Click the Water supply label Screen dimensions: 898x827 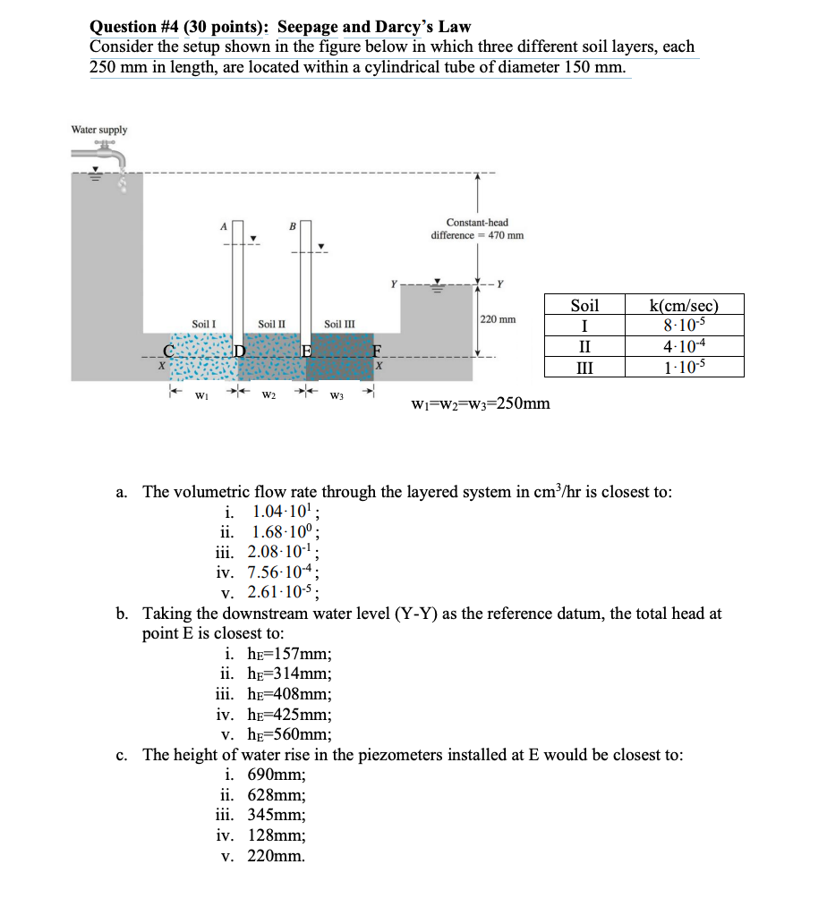click(98, 130)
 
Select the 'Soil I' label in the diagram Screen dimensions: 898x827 click(203, 324)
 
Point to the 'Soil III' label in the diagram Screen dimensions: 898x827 click(339, 324)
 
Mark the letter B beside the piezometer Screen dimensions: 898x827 click(292, 226)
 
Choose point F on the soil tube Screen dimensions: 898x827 click(378, 350)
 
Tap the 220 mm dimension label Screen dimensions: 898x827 click(498, 318)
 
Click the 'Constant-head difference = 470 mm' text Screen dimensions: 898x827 click(477, 229)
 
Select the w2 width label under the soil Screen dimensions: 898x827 click(269, 394)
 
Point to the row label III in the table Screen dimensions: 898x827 click(584, 367)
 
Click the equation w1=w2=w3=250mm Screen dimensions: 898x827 click(480, 403)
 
